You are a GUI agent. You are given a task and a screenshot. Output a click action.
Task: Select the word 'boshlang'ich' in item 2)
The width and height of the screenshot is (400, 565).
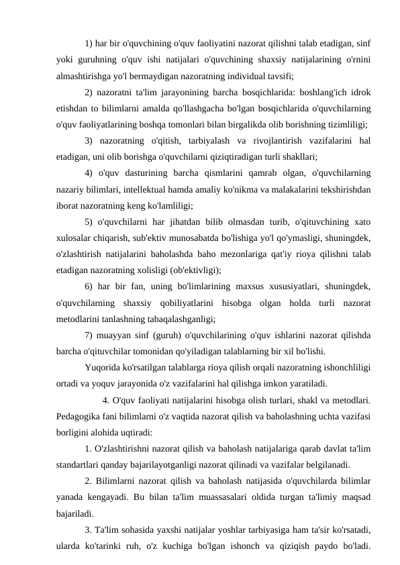(x=314, y=92)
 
